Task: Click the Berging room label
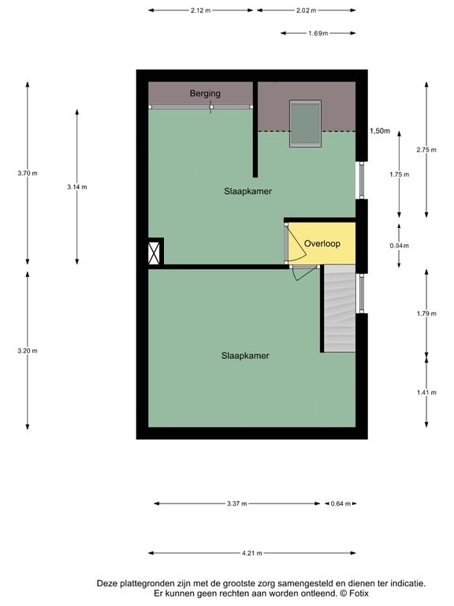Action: (205, 94)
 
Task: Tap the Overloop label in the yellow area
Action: (322, 244)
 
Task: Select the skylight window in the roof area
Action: (305, 123)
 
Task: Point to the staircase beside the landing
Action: (340, 309)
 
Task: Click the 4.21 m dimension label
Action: (251, 553)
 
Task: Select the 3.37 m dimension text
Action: (236, 503)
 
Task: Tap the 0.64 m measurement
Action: (340, 503)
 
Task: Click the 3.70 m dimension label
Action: (28, 174)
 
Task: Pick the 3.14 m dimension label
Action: (76, 187)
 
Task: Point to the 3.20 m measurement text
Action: (28, 351)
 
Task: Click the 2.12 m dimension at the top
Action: (200, 10)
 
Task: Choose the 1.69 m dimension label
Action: (318, 33)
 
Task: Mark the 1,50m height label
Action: (380, 131)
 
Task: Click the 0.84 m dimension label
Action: (399, 245)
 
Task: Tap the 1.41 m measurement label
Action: (426, 393)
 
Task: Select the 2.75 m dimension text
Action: (426, 150)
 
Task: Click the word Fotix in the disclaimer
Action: (359, 593)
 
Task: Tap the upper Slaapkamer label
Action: (247, 191)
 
